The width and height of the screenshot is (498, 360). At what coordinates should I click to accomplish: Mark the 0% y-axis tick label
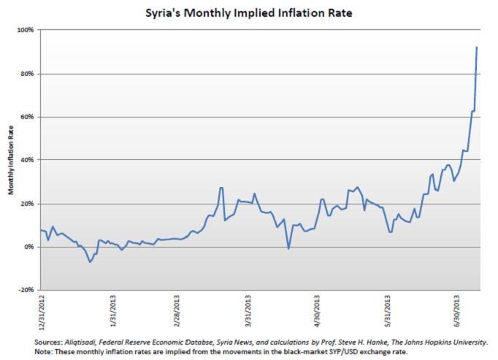pyautogui.click(x=29, y=247)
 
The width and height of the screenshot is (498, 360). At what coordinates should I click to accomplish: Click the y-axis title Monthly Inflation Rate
pyautogui.click(x=11, y=161)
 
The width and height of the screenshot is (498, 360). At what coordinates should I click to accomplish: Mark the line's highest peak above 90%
pyautogui.click(x=477, y=47)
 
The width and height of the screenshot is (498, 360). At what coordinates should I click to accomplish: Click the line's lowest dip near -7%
pyautogui.click(x=90, y=261)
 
